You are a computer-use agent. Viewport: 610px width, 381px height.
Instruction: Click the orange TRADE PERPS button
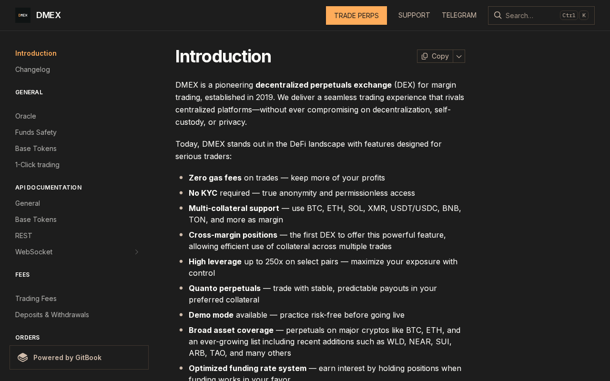[x=356, y=15]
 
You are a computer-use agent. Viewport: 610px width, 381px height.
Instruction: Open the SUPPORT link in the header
[x=414, y=15]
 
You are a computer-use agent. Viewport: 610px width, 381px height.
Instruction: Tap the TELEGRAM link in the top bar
[x=459, y=15]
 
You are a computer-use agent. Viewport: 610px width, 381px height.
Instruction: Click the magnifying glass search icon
[x=498, y=15]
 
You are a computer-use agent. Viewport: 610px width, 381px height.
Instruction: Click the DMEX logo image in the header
[x=23, y=15]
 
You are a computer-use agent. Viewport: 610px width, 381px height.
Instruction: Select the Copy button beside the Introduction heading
[x=435, y=56]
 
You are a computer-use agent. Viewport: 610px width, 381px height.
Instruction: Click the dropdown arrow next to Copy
[x=459, y=56]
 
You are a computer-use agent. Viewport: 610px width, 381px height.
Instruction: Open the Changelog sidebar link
[x=32, y=70]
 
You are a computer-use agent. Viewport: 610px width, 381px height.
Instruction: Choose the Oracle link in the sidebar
[x=26, y=116]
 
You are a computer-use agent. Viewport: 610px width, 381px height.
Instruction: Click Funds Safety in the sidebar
[x=36, y=132]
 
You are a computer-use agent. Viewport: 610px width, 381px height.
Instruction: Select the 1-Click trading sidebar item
[x=37, y=165]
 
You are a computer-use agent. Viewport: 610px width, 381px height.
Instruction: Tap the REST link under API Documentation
[x=24, y=236]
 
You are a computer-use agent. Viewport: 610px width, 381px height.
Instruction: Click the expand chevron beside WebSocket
[x=136, y=252]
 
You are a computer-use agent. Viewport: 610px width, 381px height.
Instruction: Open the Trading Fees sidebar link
[x=36, y=299]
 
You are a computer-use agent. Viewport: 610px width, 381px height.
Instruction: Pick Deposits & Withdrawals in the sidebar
[x=52, y=315]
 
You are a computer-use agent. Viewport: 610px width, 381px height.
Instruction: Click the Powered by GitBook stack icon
[x=23, y=358]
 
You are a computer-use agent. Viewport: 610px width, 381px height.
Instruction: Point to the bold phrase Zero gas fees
[x=215, y=178]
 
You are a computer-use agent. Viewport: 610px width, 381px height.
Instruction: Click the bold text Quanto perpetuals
[x=224, y=288]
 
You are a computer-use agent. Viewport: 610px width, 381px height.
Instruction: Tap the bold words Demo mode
[x=211, y=315]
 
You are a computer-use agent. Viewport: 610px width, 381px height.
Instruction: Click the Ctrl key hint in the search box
[x=569, y=15]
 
